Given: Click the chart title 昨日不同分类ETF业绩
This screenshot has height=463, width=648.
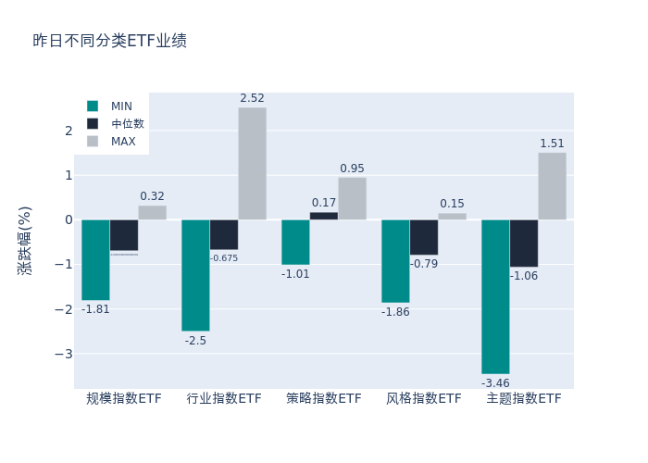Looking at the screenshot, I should point(109,41).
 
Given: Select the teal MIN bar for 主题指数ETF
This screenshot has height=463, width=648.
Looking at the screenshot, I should point(495,296).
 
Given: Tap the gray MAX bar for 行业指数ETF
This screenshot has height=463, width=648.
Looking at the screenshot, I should point(252,163).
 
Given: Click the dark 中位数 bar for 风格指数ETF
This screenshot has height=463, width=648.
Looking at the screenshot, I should point(424,237).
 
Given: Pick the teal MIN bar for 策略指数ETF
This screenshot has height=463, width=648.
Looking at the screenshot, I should point(295,242).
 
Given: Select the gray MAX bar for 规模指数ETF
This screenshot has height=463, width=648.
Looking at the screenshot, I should point(152,212).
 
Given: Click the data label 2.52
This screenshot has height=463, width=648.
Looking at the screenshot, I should point(252,98).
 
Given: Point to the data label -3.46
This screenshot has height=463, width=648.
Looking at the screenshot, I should point(495,382).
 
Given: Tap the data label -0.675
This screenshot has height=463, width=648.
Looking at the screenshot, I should point(223,258).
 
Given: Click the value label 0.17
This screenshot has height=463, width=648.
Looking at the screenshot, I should point(324,203).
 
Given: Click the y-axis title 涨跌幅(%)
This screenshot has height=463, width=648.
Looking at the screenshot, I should point(25,240).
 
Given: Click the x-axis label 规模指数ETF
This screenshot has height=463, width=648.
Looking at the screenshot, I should point(124,399).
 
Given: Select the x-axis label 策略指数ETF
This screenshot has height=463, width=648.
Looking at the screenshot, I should point(324,399).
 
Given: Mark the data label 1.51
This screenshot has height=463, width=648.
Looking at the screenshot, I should point(552,144).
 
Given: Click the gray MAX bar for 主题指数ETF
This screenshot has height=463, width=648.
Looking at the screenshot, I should point(552,186).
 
